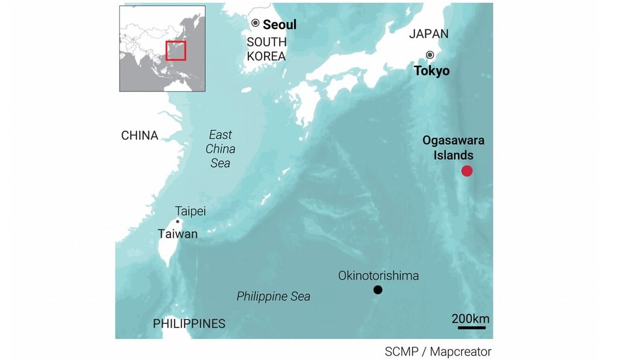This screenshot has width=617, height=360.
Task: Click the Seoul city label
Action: pyautogui.click(x=280, y=25)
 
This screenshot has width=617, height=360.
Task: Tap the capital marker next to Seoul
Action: pyautogui.click(x=255, y=23)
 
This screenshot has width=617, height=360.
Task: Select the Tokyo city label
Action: pyautogui.click(x=431, y=71)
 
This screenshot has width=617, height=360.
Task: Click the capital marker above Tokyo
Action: pyautogui.click(x=430, y=55)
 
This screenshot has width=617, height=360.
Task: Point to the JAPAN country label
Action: pyautogui.click(x=428, y=34)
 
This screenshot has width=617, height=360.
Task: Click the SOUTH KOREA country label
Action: pyautogui.click(x=266, y=49)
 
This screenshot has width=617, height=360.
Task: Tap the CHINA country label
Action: pyautogui.click(x=140, y=135)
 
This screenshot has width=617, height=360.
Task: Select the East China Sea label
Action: pyautogui.click(x=220, y=149)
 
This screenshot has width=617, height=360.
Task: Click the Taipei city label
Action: pyautogui.click(x=190, y=211)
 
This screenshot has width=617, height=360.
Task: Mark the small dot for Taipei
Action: pyautogui.click(x=178, y=221)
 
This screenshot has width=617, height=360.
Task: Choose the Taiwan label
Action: pyautogui.click(x=177, y=234)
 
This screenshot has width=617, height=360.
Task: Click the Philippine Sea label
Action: pyautogui.click(x=274, y=296)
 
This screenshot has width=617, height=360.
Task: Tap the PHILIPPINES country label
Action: pyautogui.click(x=189, y=324)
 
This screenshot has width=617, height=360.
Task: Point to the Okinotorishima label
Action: pyautogui.click(x=378, y=276)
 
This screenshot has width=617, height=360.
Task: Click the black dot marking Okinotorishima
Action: pyautogui.click(x=378, y=290)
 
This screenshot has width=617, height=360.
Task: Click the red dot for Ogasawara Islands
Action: pyautogui.click(x=467, y=171)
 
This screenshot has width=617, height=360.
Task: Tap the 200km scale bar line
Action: pyautogui.click(x=471, y=328)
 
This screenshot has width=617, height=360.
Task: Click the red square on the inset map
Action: pyautogui.click(x=176, y=51)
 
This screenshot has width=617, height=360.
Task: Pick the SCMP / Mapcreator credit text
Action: pyautogui.click(x=438, y=352)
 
